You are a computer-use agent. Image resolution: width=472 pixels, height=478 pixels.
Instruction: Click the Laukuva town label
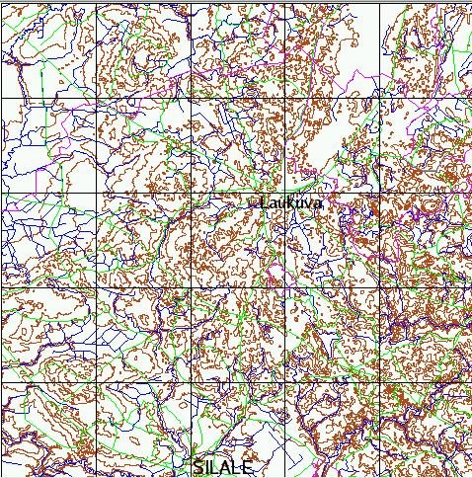[290, 202]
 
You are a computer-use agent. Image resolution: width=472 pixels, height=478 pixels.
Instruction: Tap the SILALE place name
[224, 466]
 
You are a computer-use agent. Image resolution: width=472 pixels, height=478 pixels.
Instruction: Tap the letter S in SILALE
[198, 466]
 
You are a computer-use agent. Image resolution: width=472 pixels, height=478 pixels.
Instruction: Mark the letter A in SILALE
[228, 466]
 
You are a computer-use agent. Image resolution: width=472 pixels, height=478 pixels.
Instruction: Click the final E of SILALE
[249, 466]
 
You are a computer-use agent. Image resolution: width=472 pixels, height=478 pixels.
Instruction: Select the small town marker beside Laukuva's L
[254, 203]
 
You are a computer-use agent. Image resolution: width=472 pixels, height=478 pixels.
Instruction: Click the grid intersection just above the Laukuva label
[284, 193]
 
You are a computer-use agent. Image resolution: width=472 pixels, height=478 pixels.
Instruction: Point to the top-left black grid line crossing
[95, 98]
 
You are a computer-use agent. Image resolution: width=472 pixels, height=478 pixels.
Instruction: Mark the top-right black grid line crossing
[379, 98]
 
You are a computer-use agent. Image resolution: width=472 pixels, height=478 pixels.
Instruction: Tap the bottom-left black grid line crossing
[95, 382]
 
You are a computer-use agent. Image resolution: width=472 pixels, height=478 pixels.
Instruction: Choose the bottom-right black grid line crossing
[379, 382]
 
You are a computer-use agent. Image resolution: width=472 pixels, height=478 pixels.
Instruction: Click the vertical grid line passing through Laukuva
[284, 237]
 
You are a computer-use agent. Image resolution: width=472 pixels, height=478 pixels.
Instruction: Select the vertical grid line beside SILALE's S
[190, 435]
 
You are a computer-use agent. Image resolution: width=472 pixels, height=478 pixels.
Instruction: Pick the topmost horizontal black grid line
[237, 98]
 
